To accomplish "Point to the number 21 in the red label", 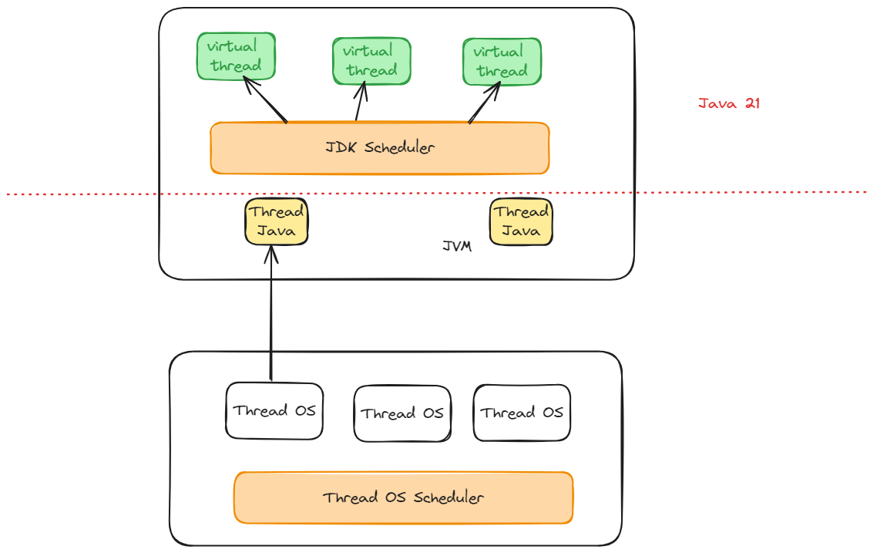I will point(751,103).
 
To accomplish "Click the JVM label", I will point(456,246).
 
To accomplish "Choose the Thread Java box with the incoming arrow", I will point(276,222).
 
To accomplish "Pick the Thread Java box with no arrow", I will point(521,221).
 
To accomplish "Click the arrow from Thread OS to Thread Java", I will point(271,316).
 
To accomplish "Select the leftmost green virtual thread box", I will point(236,56).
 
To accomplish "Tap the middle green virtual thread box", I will point(371,61).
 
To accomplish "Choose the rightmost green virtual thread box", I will point(501,62).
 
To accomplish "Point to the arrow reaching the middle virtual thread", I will point(360,102).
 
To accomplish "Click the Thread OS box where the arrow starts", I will point(274,411).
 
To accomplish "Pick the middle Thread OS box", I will point(402,413).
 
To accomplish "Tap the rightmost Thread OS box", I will point(522,413).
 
